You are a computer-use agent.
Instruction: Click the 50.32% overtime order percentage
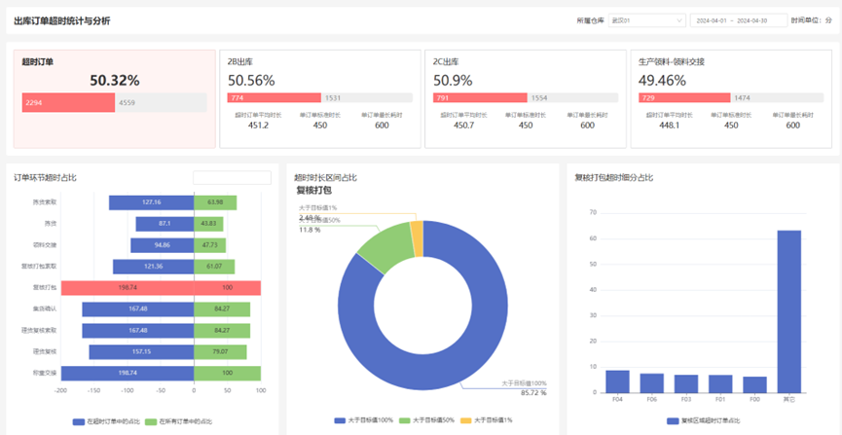115,81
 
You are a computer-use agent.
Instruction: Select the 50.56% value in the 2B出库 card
251,81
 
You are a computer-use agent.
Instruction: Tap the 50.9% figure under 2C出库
453,81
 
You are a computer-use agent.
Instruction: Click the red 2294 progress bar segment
68,102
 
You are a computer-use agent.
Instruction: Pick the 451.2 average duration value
258,125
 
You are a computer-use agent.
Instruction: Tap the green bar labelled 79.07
220,351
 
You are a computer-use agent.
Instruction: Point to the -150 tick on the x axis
93,390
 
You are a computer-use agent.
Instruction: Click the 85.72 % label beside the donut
533,393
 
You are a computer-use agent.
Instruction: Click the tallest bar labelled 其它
788,311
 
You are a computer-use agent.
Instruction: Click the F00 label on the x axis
754,399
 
